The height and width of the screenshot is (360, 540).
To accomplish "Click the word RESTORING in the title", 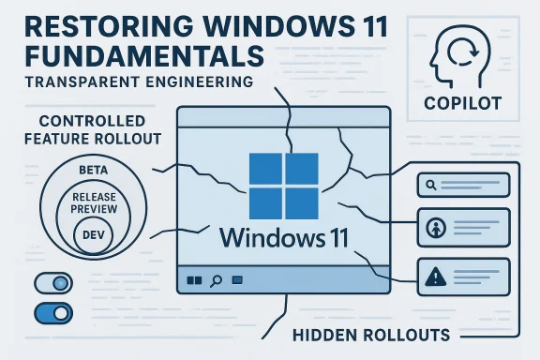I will click(x=103, y=21).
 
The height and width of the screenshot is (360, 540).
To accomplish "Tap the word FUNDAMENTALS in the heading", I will click(x=136, y=52).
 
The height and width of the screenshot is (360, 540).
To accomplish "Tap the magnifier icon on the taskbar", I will click(x=217, y=280).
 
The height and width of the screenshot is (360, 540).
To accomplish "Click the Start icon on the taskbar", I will click(x=195, y=280).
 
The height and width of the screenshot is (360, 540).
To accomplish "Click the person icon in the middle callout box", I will click(x=434, y=228).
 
